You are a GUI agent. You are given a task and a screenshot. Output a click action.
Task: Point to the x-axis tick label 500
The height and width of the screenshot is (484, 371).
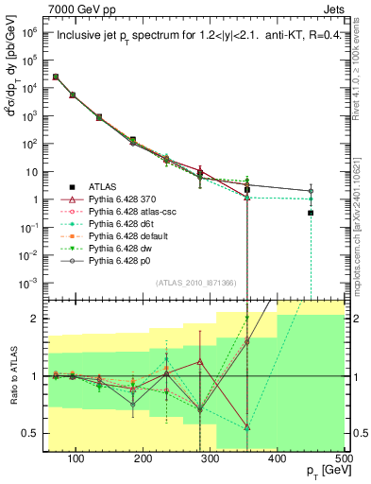click(344, 458)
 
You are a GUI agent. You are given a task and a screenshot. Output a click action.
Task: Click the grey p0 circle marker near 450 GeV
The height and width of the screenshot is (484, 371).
click(311, 191)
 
